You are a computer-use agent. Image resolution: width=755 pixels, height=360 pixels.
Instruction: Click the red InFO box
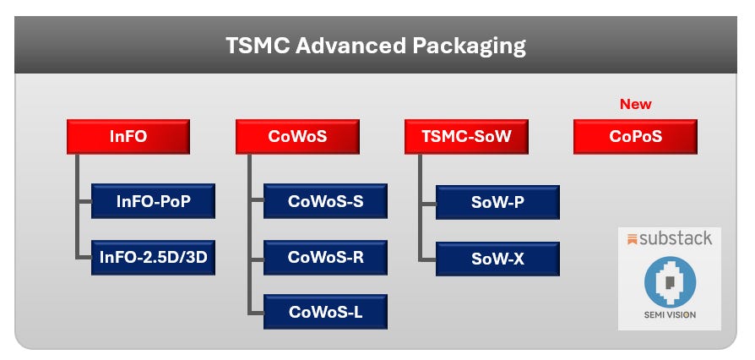pos(128,137)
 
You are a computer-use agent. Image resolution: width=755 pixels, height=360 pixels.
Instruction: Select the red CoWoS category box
pos(297,137)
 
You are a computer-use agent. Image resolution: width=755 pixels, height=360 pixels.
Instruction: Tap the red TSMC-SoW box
pos(467,137)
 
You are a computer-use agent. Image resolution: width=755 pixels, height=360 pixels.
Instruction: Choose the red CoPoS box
pos(635,137)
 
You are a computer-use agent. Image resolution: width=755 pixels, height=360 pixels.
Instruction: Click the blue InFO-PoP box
pos(153,202)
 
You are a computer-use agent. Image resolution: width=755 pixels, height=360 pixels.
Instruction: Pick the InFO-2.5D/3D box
pos(153,257)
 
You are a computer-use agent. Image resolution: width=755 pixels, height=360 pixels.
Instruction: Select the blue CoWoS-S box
pos(325,202)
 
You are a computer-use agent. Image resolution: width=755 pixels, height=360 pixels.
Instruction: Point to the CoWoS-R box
pos(325,257)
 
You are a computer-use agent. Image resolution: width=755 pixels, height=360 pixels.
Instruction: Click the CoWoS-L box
pos(325,312)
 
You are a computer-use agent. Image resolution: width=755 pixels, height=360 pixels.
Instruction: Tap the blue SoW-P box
pos(497,202)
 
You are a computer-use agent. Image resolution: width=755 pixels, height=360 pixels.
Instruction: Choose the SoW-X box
pos(497,259)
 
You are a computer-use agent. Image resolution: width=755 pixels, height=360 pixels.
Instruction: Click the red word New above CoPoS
pos(636,104)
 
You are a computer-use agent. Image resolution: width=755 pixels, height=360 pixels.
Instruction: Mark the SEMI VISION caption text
pos(669,319)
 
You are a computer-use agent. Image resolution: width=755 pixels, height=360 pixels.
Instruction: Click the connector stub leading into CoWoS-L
pos(256,312)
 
